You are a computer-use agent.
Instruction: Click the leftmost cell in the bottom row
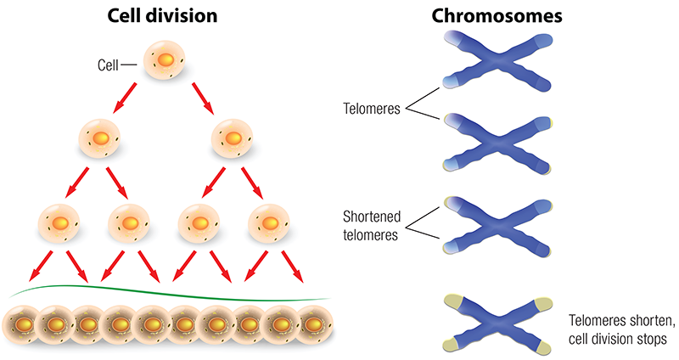[21, 323]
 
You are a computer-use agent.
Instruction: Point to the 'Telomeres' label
[373, 110]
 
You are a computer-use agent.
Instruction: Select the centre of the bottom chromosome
[499, 322]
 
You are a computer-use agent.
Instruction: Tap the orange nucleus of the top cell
[166, 60]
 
